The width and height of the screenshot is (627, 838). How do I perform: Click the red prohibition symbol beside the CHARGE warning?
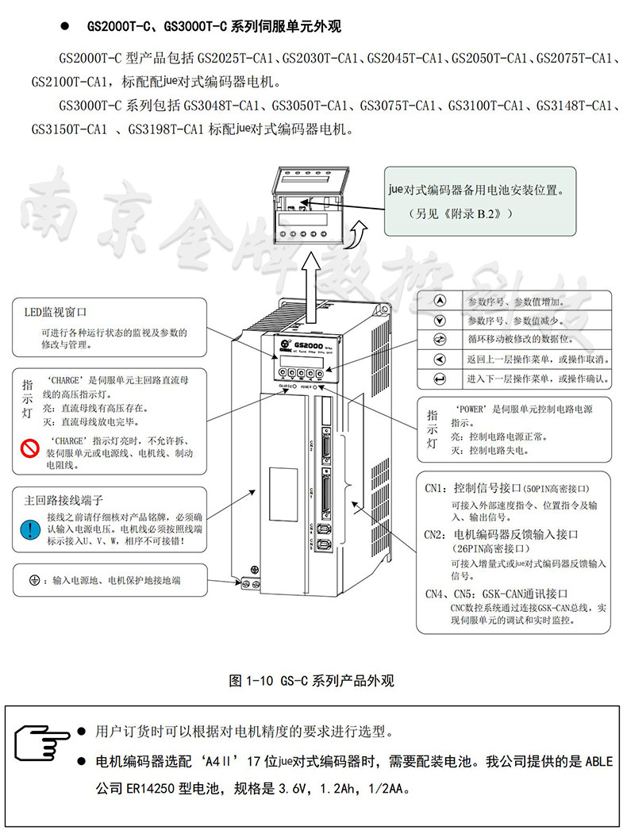(30, 448)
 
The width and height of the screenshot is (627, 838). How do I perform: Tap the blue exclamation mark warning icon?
(30, 529)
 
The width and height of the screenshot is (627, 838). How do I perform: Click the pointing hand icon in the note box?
(42, 742)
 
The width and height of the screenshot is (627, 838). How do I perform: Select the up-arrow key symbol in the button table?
(441, 302)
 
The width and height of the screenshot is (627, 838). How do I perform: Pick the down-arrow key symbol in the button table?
(441, 321)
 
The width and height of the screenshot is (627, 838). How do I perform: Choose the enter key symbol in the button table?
(441, 379)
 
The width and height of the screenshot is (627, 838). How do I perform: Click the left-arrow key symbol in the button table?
(441, 359)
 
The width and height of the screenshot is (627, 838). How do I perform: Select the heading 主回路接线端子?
(64, 501)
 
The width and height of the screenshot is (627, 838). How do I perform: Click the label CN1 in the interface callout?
(435, 486)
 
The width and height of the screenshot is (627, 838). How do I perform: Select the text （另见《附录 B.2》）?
(460, 213)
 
